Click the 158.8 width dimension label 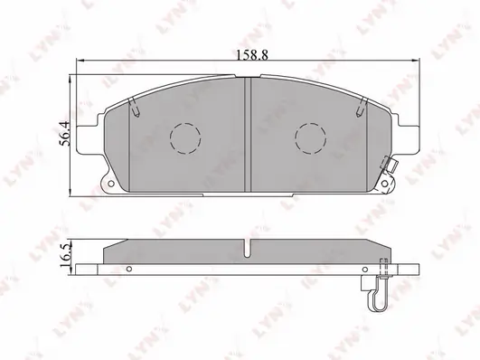coord(252,55)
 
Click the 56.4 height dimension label coord(65,134)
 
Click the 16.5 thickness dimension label coord(65,256)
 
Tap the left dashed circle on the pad coord(185,138)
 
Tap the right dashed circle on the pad coord(310,138)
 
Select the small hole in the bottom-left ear coord(111,184)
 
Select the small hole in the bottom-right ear coord(384,184)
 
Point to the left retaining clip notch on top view coord(135,108)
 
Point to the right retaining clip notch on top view coord(362,108)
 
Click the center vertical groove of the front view coord(248,135)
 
